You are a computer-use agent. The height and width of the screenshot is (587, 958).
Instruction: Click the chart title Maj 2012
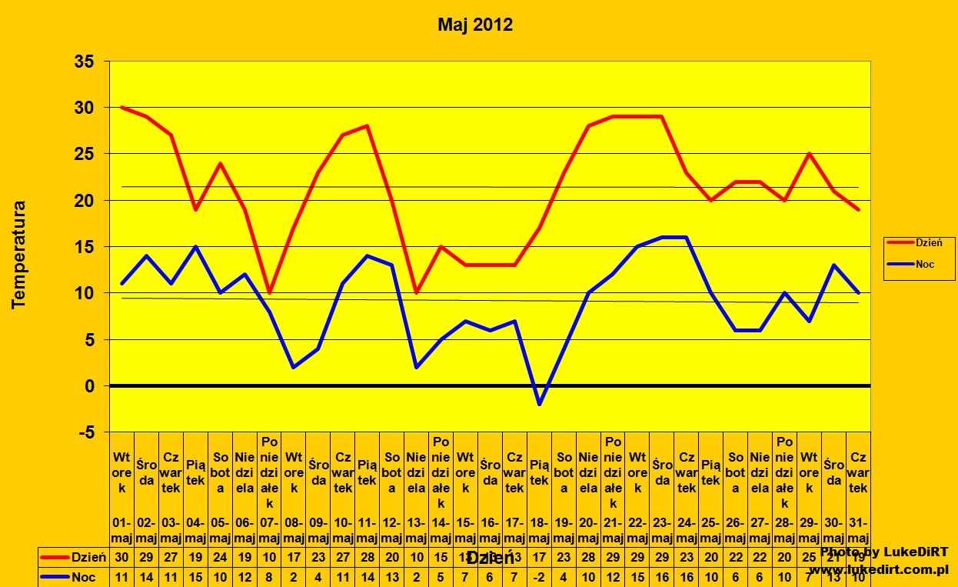click(x=475, y=25)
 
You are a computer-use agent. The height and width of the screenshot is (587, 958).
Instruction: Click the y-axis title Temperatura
click(x=19, y=255)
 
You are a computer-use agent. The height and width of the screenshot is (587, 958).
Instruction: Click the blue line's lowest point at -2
click(x=539, y=404)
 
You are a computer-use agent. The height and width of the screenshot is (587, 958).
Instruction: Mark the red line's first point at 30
click(x=121, y=108)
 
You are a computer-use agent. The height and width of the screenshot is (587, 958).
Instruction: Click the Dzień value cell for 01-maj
click(x=121, y=557)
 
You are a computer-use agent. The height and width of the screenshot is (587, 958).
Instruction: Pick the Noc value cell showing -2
click(x=539, y=578)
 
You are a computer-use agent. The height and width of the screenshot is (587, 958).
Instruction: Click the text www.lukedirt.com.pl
click(x=878, y=570)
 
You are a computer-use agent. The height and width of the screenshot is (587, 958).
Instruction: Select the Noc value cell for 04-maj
click(x=195, y=578)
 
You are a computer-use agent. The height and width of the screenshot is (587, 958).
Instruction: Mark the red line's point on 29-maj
click(x=809, y=154)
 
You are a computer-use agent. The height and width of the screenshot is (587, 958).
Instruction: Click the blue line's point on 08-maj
click(x=294, y=367)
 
